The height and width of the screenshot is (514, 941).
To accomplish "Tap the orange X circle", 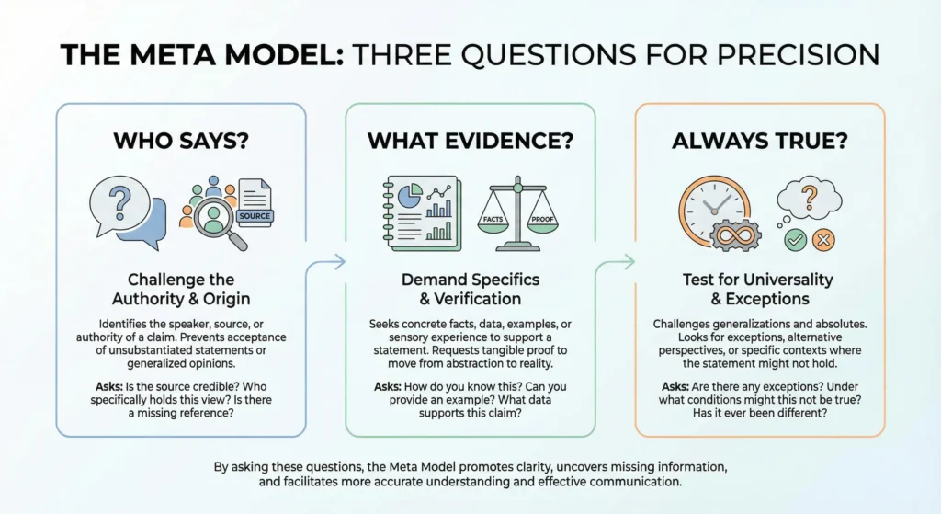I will [x=824, y=241].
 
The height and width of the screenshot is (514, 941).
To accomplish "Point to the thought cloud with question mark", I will [x=810, y=197].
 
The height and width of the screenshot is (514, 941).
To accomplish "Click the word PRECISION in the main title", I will [x=788, y=54].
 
